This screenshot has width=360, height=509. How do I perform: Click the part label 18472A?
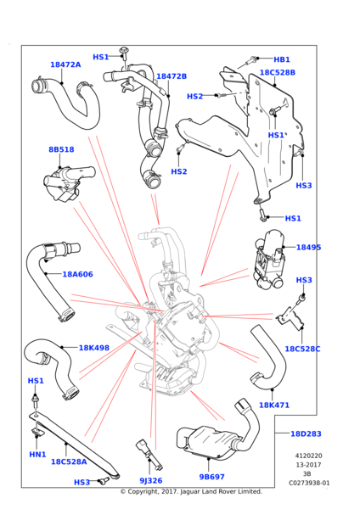[x=65, y=64]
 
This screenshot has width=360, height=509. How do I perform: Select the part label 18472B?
[x=172, y=76]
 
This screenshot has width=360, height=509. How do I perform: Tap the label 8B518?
[x=61, y=149]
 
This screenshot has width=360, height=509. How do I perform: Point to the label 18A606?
[x=77, y=274]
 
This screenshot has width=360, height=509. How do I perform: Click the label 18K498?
[x=94, y=348]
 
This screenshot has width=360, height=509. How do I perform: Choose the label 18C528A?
[x=69, y=461]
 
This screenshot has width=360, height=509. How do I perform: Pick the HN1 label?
[x=37, y=455]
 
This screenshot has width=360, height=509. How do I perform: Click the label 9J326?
[x=151, y=481]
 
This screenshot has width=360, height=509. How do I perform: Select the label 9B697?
[x=212, y=477]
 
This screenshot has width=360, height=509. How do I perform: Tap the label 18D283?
[x=306, y=433]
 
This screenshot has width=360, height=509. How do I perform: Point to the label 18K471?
[x=274, y=406]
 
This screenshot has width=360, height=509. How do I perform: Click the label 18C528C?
[x=302, y=349]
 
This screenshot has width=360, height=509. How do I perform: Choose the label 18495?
[x=309, y=248]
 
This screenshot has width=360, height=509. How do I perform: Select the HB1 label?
[x=282, y=59]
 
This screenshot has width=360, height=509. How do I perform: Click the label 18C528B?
[x=278, y=72]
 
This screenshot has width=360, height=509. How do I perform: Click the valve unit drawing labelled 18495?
[x=270, y=260]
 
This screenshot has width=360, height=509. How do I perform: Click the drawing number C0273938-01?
[x=309, y=483]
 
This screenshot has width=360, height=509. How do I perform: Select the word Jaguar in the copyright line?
[x=189, y=491]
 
